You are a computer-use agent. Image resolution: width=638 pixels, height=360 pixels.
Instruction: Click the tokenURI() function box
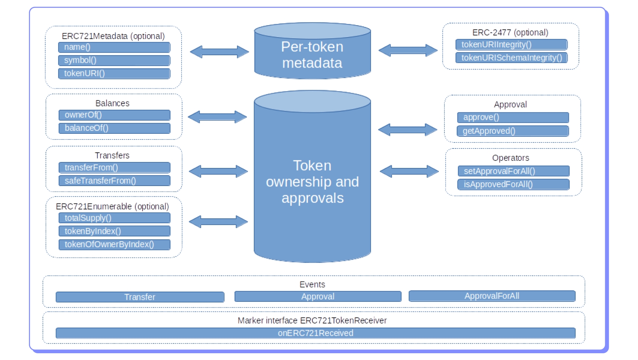[114, 74]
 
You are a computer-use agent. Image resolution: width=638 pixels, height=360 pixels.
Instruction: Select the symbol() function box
[114, 61]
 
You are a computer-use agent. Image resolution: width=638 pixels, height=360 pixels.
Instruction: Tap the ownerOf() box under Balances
[114, 115]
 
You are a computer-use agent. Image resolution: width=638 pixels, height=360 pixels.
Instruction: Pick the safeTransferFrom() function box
[114, 181]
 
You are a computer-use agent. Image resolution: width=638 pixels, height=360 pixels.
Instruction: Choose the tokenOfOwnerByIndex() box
[114, 245]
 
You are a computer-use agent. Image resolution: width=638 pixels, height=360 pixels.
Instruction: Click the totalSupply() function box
[114, 218]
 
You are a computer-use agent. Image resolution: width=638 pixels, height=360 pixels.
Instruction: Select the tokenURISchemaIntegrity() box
[511, 58]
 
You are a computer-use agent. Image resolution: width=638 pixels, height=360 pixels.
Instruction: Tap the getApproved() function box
[513, 131]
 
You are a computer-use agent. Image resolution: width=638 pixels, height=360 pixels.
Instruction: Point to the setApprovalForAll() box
[514, 171]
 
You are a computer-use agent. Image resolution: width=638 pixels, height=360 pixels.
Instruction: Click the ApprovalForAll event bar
[492, 296]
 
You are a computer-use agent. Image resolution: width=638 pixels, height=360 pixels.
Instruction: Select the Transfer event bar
[140, 297]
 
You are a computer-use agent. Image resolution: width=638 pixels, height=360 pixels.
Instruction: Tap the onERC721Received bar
[315, 333]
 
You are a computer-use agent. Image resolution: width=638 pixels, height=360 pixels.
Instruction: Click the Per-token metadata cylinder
[312, 55]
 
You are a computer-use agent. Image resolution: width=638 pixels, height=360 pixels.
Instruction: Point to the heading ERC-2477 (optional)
[510, 33]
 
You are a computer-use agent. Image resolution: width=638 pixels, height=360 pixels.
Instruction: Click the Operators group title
[511, 158]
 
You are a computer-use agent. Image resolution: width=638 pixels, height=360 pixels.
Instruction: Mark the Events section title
[312, 285]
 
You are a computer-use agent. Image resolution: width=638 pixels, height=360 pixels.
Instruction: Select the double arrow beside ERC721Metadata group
[220, 52]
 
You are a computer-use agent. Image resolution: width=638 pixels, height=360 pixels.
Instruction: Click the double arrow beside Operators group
[409, 171]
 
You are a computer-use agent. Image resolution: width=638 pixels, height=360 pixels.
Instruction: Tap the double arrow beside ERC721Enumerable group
[218, 222]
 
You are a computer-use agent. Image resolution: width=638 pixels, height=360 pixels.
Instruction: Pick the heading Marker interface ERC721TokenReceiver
[312, 321]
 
